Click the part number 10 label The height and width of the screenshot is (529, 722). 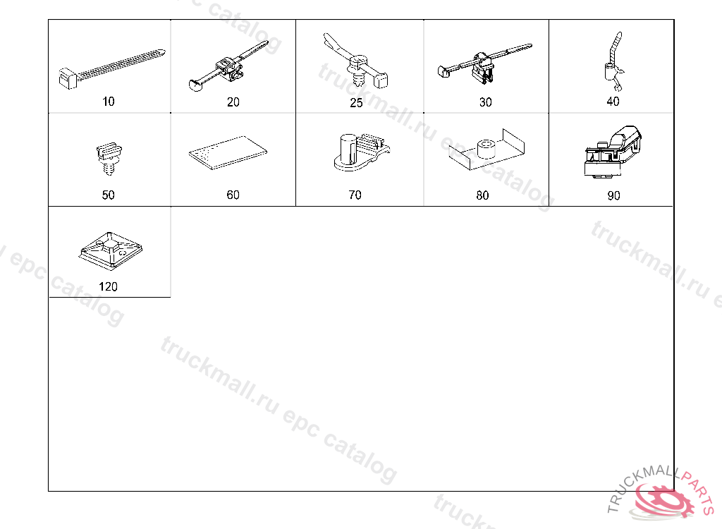[x=108, y=102]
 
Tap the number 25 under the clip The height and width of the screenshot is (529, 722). [x=356, y=103]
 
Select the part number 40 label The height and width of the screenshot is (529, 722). [x=613, y=102]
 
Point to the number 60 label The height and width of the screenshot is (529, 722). [x=233, y=195]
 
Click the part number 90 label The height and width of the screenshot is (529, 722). [x=614, y=196]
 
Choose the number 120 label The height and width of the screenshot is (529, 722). [x=108, y=286]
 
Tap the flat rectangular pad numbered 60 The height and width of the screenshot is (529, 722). [x=228, y=152]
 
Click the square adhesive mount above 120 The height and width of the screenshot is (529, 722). [x=111, y=250]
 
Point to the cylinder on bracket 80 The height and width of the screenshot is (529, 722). [x=487, y=149]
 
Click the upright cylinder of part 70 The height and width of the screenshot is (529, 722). [x=348, y=148]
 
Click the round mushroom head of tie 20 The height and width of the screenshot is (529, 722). [x=196, y=85]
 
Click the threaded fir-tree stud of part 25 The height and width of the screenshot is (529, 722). [x=359, y=79]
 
